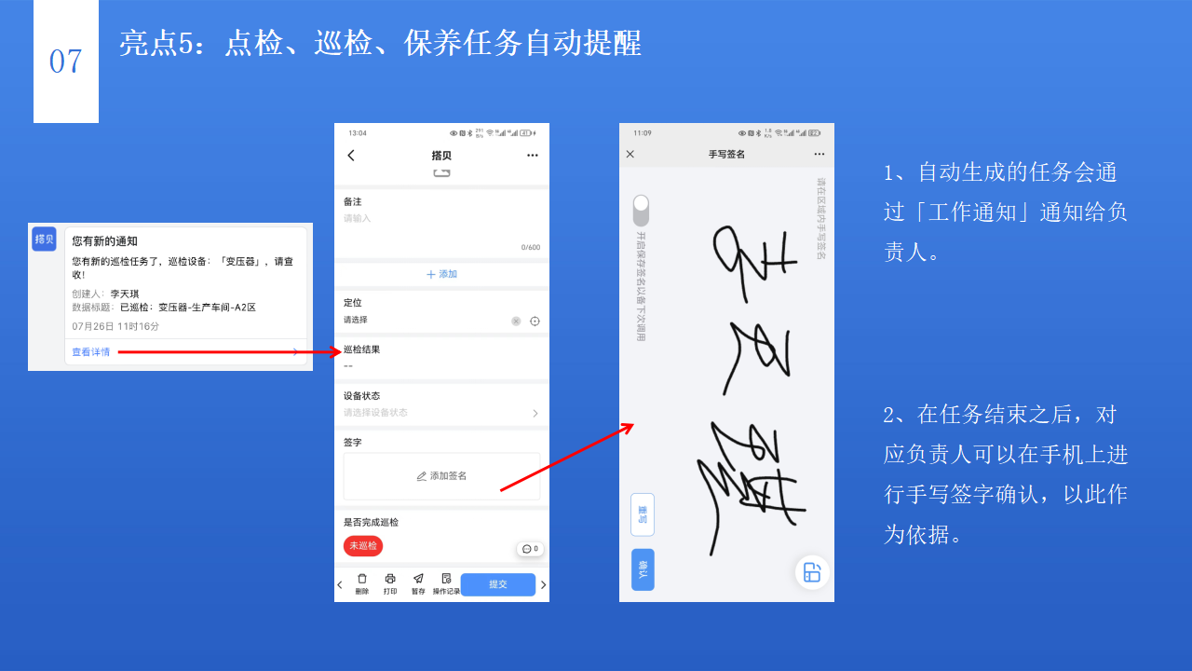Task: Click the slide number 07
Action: point(65,62)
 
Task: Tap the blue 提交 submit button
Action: point(498,584)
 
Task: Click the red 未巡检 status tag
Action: point(363,546)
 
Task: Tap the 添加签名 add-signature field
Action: point(441,476)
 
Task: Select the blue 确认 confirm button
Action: point(643,569)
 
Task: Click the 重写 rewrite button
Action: point(643,514)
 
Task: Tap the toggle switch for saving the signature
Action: point(641,210)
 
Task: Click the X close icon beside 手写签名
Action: point(630,154)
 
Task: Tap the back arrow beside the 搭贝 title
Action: point(351,156)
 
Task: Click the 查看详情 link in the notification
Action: point(91,352)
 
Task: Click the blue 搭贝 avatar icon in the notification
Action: point(44,240)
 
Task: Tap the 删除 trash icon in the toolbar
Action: point(362,579)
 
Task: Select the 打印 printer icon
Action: point(390,579)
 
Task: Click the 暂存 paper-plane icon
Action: point(418,579)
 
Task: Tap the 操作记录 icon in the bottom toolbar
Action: point(446,579)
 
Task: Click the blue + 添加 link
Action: point(441,274)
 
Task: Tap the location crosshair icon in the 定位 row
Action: point(535,321)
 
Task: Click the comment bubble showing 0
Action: point(530,549)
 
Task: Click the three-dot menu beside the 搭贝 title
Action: point(532,156)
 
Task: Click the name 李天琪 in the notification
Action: point(125,294)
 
